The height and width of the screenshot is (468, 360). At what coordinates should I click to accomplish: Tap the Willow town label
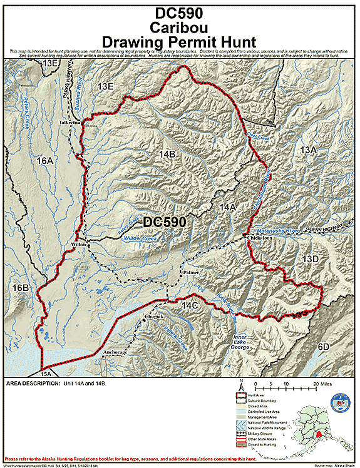click(78, 244)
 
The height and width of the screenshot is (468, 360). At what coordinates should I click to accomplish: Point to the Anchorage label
click(115, 353)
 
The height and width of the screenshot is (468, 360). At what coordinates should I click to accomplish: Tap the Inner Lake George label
click(240, 342)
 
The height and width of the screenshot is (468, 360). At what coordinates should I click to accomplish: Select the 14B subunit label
click(167, 153)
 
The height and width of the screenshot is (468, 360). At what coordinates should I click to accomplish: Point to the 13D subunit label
click(311, 259)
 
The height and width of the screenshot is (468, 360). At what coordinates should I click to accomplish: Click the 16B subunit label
click(21, 288)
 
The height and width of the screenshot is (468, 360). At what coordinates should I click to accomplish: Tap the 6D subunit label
click(323, 347)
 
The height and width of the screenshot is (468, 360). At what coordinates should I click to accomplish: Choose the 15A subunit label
click(45, 374)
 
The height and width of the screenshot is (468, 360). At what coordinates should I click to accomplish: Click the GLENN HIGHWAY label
click(326, 230)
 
